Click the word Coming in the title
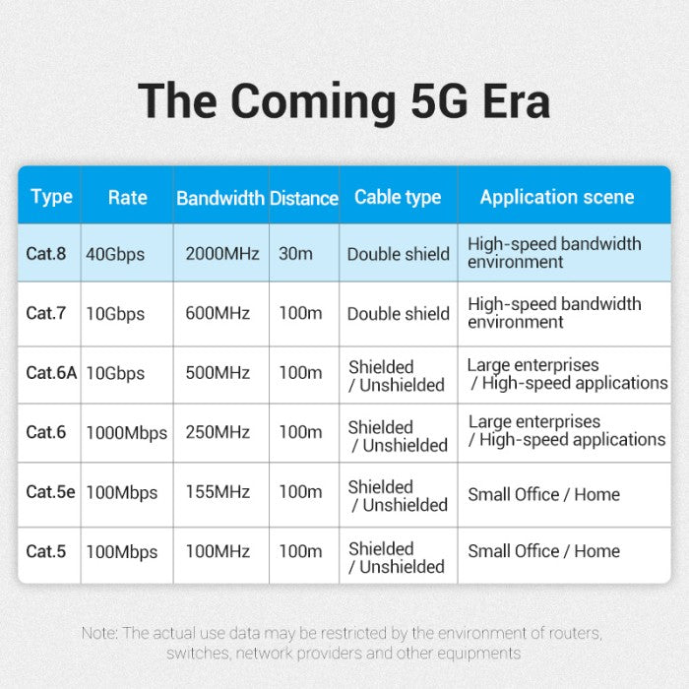tap(313, 102)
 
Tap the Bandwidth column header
tap(220, 198)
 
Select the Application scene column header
tap(557, 197)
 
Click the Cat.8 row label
tap(45, 254)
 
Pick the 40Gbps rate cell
tap(115, 254)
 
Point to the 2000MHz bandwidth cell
tap(221, 254)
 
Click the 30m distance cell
tap(295, 254)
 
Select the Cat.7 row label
tap(45, 313)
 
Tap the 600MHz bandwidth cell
tap(218, 313)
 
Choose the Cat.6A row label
tap(51, 373)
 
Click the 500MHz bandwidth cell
tap(218, 373)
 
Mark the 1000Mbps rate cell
tap(127, 433)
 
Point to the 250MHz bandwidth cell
tap(218, 432)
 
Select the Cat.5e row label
tap(50, 492)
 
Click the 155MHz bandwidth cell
tap(218, 492)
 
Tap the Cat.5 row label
tap(45, 551)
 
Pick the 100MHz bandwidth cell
tap(218, 551)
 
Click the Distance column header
tap(304, 198)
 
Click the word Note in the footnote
tap(99, 633)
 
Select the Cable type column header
tap(398, 197)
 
